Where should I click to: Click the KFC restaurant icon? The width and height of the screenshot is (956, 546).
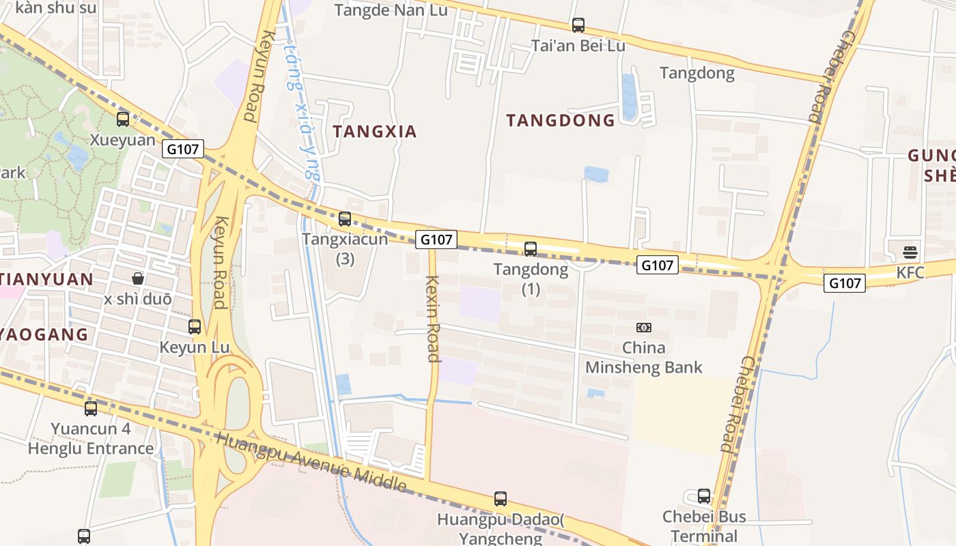click(910, 252)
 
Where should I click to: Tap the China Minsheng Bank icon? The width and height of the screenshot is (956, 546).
click(643, 328)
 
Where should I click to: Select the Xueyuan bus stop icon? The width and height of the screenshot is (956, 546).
click(123, 119)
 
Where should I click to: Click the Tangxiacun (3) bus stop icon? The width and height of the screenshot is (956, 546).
click(345, 219)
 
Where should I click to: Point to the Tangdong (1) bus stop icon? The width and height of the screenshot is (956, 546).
click(531, 249)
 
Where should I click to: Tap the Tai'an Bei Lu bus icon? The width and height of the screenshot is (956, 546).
click(578, 25)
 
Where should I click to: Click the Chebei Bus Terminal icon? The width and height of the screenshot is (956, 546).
click(704, 496)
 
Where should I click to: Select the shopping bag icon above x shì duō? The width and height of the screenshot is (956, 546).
click(137, 278)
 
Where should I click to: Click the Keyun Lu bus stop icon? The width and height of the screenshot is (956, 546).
click(195, 327)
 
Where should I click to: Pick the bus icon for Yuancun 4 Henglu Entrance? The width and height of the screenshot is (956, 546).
click(91, 409)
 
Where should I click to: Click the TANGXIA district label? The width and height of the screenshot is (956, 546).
click(374, 132)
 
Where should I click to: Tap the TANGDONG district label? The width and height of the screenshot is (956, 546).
click(561, 121)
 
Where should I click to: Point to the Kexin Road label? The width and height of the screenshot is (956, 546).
click(432, 318)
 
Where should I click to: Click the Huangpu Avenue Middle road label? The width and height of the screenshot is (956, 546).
click(311, 462)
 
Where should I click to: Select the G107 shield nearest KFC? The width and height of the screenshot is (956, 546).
click(844, 283)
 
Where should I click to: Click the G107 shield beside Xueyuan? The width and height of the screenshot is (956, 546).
click(183, 148)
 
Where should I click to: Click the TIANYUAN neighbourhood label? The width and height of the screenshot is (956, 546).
click(46, 279)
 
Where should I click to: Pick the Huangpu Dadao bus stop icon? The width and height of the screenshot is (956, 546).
click(501, 499)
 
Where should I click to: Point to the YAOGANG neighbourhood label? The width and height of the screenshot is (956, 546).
click(44, 334)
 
